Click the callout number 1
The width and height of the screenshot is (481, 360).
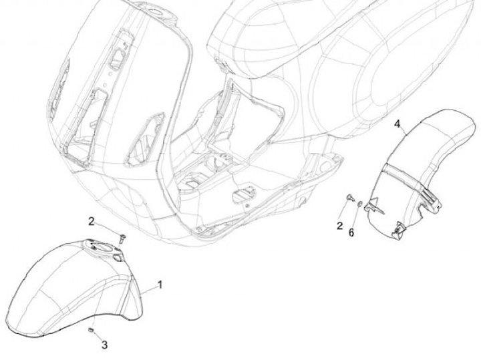click(x=160, y=285)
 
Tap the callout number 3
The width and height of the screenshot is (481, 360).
click(x=104, y=345)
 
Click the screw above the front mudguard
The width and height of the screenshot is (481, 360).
click(x=121, y=236)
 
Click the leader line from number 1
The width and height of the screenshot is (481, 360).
click(x=148, y=290)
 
